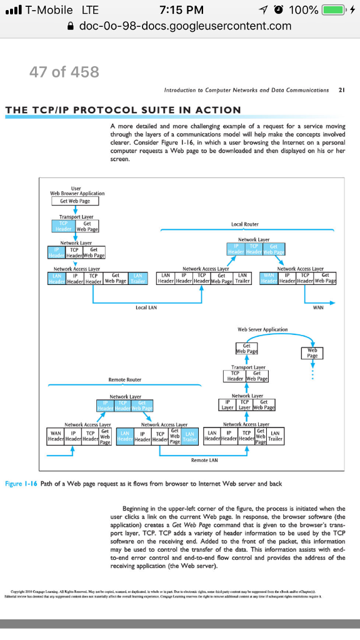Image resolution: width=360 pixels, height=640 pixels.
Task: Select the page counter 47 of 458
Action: point(64,72)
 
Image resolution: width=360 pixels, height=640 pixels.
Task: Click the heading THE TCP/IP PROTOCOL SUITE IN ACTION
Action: point(123,110)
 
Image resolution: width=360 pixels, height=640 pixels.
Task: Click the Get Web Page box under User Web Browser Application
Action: point(75,201)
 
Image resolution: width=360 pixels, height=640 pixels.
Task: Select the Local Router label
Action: point(245,224)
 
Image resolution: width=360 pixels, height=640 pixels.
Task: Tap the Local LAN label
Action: point(146,307)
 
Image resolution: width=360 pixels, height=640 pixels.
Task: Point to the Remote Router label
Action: point(125,379)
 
